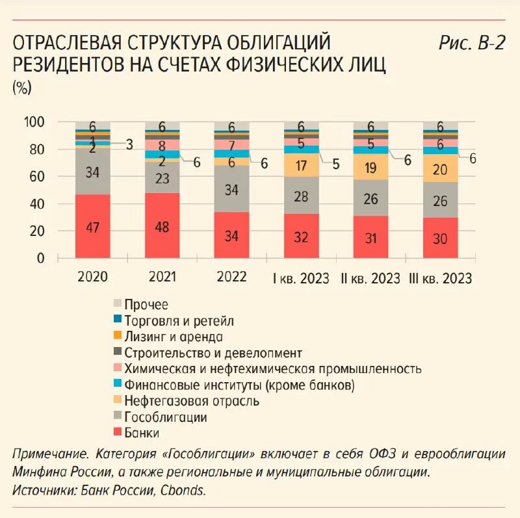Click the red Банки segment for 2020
[x=92, y=226]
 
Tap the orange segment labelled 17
[x=302, y=165]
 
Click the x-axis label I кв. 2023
[x=301, y=278]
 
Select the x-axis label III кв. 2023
[x=440, y=278]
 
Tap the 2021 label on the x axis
[x=162, y=277]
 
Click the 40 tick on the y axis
[x=36, y=204]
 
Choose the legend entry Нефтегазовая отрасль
[x=192, y=401]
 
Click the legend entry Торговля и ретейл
[x=179, y=320]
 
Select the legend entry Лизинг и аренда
[x=174, y=337]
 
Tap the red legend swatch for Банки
[x=118, y=432]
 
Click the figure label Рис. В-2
[x=471, y=44]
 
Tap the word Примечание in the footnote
[x=50, y=454]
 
